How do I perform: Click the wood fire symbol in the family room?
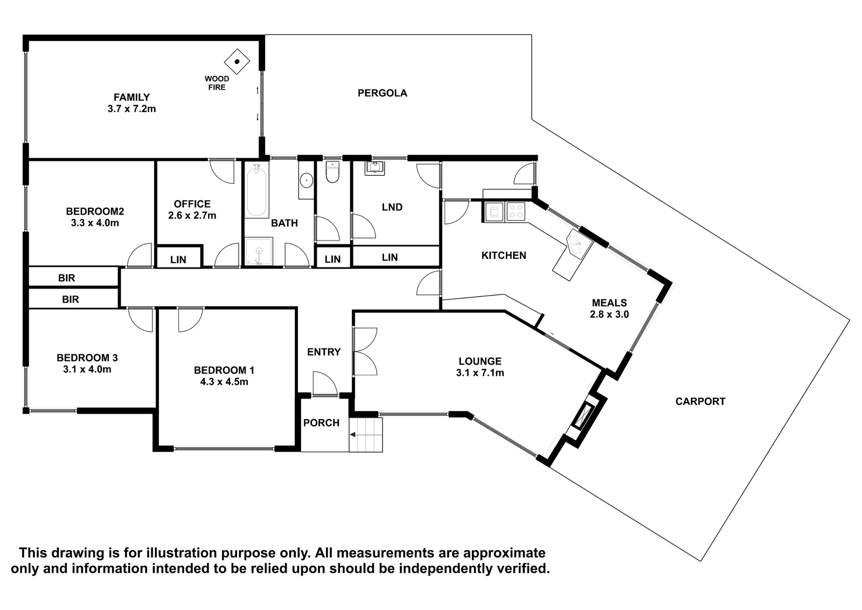(237, 61)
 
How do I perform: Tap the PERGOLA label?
(382, 93)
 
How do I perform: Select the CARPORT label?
(700, 401)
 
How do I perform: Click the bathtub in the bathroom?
(256, 190)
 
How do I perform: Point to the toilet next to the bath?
(332, 172)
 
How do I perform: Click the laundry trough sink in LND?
(374, 168)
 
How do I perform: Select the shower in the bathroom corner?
(259, 251)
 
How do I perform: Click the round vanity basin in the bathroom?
(307, 180)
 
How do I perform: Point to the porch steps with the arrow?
(366, 435)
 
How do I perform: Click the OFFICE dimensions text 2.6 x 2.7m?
(192, 215)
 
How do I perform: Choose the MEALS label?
(609, 303)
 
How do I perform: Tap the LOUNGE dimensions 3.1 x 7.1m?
(480, 373)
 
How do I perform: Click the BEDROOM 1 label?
(224, 371)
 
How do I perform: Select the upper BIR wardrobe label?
(67, 278)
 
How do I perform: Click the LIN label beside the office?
(178, 260)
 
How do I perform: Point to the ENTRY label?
(324, 352)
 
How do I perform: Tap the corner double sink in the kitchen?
(579, 244)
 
